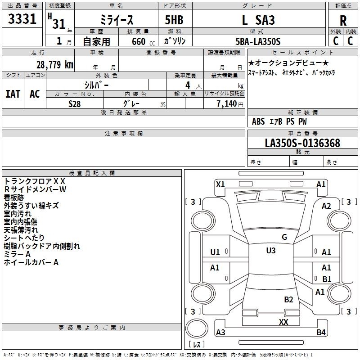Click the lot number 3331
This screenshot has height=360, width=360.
(x=22, y=19)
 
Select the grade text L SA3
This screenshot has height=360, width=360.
(x=258, y=20)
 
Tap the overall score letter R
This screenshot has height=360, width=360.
(x=343, y=21)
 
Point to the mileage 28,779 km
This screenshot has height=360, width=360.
(x=54, y=65)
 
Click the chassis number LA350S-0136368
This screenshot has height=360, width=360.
(x=302, y=143)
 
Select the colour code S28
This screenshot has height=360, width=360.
(x=74, y=104)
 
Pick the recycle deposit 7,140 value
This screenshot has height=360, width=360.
(x=226, y=104)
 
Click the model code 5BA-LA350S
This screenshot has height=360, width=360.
(x=258, y=41)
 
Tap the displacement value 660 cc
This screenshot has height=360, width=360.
(x=143, y=42)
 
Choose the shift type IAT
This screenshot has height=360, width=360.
(x=13, y=94)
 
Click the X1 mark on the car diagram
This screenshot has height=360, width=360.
(x=220, y=184)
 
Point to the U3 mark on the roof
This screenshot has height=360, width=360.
(x=271, y=251)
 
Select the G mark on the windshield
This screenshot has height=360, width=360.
(x=284, y=237)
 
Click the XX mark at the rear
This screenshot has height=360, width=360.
(x=283, y=322)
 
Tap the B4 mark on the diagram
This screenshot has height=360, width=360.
(x=321, y=332)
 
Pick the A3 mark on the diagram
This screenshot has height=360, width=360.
(x=220, y=332)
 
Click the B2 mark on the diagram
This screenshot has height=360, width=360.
(x=288, y=300)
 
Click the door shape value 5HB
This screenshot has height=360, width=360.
(x=174, y=20)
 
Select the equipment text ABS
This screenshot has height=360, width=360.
(x=258, y=121)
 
